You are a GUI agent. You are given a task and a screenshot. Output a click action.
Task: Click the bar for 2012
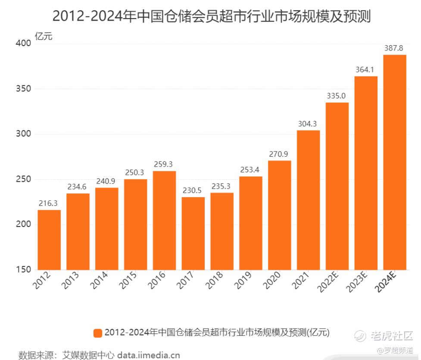[49, 240]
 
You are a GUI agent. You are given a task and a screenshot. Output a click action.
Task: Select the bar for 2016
[165, 220]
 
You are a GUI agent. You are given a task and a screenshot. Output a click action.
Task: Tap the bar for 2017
[193, 233]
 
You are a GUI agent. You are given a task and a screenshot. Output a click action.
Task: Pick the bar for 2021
[309, 200]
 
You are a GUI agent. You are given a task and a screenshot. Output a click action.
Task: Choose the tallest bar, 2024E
[395, 162]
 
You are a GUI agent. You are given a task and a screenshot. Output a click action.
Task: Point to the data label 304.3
[309, 124]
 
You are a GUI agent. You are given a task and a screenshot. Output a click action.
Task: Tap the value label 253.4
[251, 170]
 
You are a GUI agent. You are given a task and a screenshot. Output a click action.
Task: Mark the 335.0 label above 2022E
[337, 96]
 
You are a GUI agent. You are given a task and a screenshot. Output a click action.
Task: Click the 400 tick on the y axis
[25, 43]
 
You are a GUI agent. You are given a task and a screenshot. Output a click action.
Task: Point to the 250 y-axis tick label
[25, 180]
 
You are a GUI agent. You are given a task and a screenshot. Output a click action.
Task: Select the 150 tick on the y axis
[25, 270]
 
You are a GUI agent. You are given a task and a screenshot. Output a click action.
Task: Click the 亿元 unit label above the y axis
[44, 37]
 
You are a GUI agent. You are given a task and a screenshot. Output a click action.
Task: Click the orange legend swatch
[97, 333]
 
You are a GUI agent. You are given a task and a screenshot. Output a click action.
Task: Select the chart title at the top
[211, 16]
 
